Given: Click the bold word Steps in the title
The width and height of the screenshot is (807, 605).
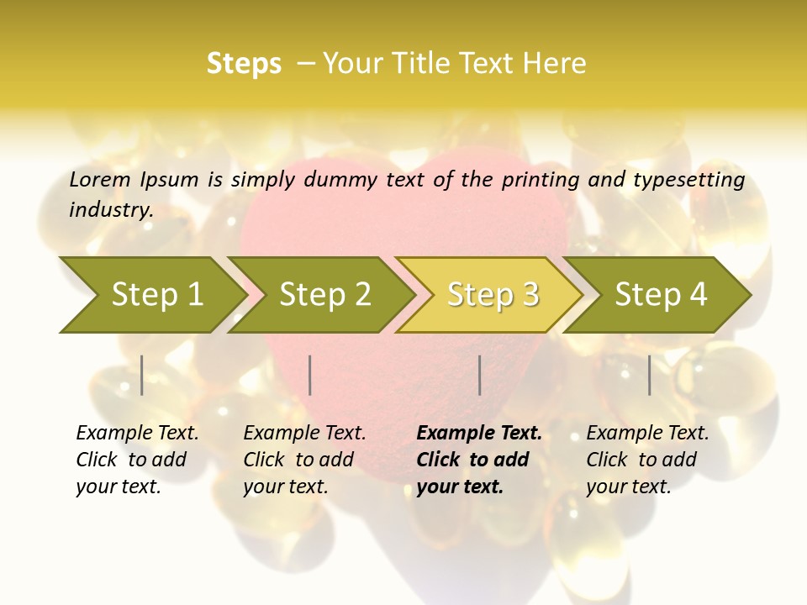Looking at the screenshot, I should (x=244, y=64).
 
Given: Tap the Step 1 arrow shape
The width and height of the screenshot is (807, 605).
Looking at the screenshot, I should (x=151, y=295).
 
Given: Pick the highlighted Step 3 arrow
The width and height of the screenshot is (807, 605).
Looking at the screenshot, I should (x=492, y=295).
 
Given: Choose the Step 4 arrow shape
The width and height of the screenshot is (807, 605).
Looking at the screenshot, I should (x=660, y=295).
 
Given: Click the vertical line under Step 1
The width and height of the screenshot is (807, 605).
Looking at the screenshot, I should (x=142, y=375).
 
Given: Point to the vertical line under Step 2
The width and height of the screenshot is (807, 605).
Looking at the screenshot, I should (x=310, y=375).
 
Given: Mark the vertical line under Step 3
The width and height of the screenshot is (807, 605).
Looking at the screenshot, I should (x=480, y=375).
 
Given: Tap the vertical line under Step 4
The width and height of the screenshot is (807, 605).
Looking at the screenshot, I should (x=650, y=375).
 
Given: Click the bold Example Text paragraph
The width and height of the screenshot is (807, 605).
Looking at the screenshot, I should (x=477, y=460).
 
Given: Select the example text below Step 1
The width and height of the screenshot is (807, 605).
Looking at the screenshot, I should (x=136, y=460).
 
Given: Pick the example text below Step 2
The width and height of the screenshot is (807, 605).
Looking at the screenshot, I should (x=303, y=460).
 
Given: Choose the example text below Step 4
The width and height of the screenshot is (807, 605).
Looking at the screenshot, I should (x=646, y=460).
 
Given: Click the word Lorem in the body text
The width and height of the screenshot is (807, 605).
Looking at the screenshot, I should (x=100, y=180).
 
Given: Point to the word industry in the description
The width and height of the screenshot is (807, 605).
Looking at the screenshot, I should (x=110, y=210).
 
